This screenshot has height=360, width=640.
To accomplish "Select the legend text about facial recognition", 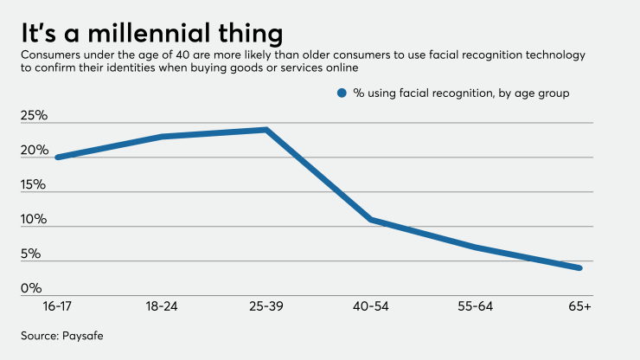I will (x=460, y=93).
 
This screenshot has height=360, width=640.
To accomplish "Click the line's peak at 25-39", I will (x=266, y=130).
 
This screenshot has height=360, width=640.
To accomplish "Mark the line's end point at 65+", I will (x=579, y=267).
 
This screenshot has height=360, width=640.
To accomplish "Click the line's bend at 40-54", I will (x=371, y=220).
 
